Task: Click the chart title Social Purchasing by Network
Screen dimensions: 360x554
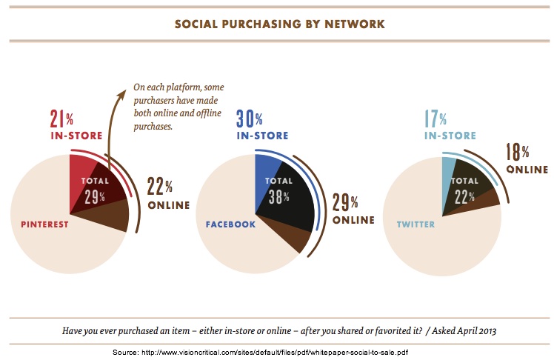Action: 279,24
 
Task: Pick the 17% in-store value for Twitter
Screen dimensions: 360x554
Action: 435,119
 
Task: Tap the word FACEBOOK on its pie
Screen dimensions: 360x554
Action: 231,223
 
